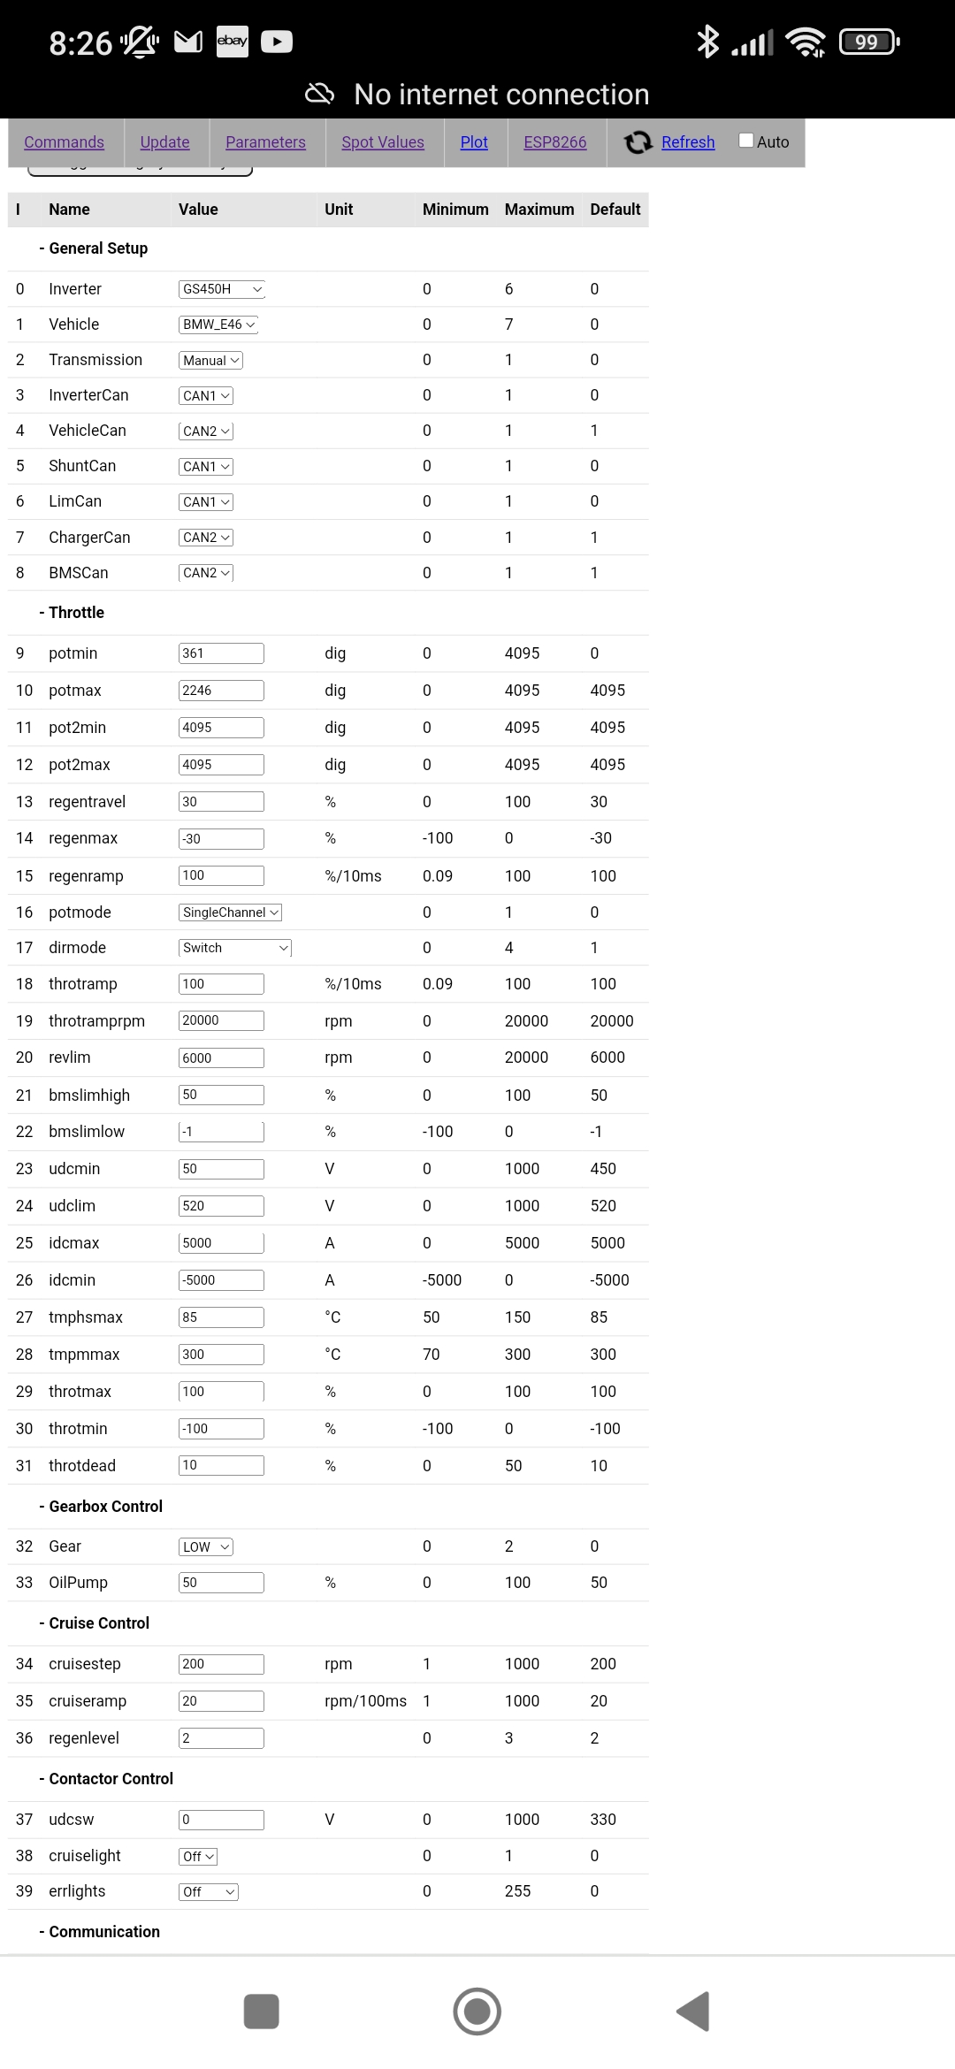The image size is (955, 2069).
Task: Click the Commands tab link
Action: click(x=64, y=142)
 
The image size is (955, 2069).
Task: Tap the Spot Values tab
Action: click(x=383, y=142)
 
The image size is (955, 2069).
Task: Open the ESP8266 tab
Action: click(x=554, y=142)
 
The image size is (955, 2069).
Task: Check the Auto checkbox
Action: click(x=746, y=141)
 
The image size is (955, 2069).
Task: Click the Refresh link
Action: click(x=687, y=142)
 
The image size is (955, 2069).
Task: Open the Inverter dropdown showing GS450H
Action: click(x=222, y=289)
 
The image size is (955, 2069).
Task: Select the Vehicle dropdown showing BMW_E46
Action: click(x=218, y=324)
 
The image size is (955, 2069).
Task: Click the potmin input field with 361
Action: click(x=221, y=653)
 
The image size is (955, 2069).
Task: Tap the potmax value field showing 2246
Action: click(x=221, y=691)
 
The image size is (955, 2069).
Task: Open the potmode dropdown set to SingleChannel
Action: click(x=230, y=912)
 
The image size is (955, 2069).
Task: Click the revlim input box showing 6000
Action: click(x=221, y=1057)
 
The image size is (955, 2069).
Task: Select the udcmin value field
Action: click(x=221, y=1169)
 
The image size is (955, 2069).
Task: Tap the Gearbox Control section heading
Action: click(x=105, y=1507)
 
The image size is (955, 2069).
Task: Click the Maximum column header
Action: click(x=539, y=210)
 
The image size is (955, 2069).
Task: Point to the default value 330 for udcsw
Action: click(x=603, y=1820)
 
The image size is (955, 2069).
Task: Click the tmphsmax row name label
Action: click(x=86, y=1317)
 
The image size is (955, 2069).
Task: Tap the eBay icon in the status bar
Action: click(x=233, y=41)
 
